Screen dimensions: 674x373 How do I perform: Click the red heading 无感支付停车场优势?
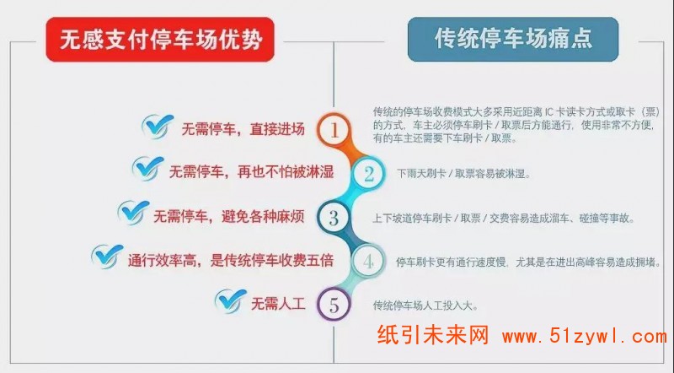(x=160, y=40)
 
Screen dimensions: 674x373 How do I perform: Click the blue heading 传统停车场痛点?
(x=513, y=38)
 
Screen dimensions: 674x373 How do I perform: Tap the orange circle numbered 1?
(x=334, y=130)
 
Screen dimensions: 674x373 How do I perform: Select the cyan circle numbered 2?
(x=368, y=174)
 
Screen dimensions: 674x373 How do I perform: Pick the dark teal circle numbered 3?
(x=334, y=218)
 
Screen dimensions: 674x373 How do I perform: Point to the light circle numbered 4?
(x=368, y=262)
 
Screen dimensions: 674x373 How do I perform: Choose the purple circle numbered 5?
(x=334, y=305)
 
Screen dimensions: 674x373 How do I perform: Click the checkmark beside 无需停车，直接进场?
(x=158, y=127)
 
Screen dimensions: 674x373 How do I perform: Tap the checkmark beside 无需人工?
(x=231, y=300)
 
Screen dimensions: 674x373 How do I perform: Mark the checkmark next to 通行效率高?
(x=107, y=257)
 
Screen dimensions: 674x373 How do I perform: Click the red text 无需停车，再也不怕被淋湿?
(x=251, y=172)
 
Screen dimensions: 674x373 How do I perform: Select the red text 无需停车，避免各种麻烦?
(x=228, y=216)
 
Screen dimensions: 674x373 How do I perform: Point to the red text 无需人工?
(x=278, y=304)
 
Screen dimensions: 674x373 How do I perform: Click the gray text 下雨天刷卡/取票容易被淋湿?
(x=463, y=174)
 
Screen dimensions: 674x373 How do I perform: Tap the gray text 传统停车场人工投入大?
(x=425, y=305)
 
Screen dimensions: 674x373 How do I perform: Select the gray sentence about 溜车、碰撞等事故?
(x=504, y=219)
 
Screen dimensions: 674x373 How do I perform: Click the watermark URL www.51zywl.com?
(x=584, y=336)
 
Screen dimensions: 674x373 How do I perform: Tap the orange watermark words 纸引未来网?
(x=433, y=335)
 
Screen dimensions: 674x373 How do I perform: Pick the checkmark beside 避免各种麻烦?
(x=134, y=213)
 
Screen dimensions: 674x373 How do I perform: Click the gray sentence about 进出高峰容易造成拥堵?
(x=528, y=262)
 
